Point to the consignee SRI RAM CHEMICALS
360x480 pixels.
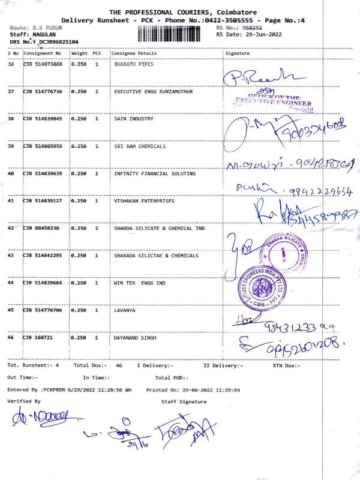click(x=140, y=146)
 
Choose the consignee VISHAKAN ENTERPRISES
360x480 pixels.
click(x=144, y=201)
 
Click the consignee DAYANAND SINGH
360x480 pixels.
click(x=135, y=338)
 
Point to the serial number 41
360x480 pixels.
click(x=11, y=201)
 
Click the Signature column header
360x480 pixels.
click(x=237, y=53)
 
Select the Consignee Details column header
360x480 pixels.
click(x=134, y=53)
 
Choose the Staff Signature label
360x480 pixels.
click(x=184, y=401)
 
